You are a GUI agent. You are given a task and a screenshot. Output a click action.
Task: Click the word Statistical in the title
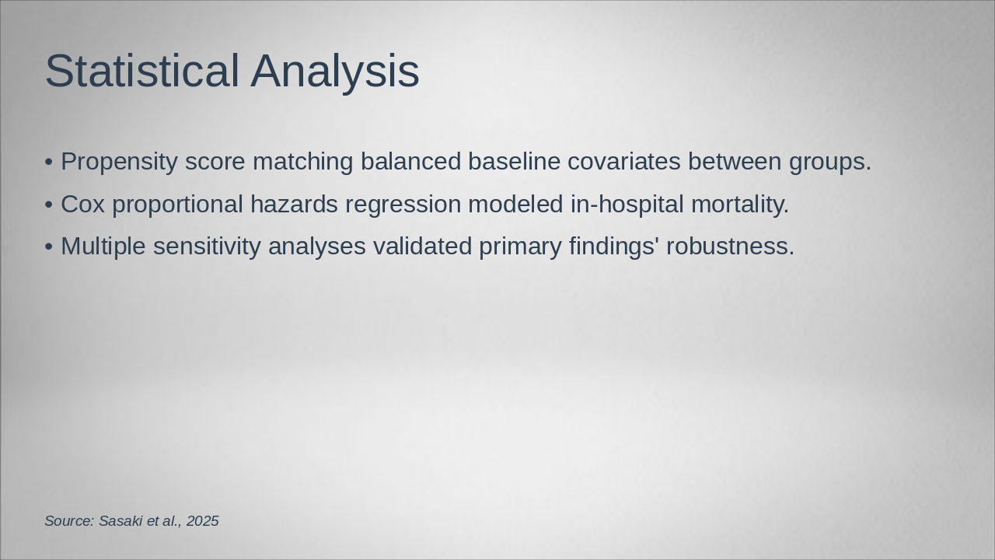click(x=142, y=71)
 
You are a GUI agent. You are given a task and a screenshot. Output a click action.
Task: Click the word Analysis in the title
click(x=335, y=73)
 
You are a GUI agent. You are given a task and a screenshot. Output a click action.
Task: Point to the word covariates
click(x=624, y=161)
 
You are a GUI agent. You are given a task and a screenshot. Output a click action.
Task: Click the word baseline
click(x=514, y=161)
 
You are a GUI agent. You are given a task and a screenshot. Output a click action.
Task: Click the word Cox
click(x=82, y=205)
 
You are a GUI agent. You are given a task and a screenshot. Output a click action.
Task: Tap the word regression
click(x=403, y=206)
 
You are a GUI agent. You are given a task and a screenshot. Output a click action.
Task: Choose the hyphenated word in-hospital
click(x=627, y=206)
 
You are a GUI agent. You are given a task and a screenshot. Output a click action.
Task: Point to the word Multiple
click(x=103, y=247)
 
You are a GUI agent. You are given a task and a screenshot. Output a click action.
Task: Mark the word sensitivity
click(x=207, y=247)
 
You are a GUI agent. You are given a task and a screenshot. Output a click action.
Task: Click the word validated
click(x=422, y=247)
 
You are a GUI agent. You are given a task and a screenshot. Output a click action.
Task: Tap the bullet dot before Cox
click(x=49, y=205)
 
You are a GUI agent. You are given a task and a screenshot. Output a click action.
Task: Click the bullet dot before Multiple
click(x=49, y=247)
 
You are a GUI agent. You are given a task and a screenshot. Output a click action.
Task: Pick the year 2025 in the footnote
click(x=203, y=521)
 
